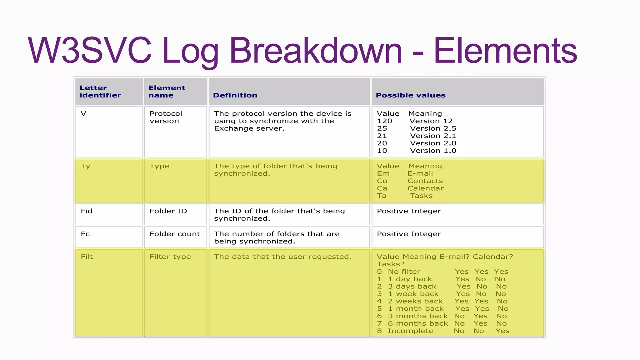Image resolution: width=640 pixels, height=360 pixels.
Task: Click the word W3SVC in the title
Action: point(90,51)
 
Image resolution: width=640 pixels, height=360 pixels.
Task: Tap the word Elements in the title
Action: point(505,51)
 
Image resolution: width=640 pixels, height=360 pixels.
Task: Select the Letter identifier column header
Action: point(100,92)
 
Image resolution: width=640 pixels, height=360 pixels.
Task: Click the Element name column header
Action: point(167,92)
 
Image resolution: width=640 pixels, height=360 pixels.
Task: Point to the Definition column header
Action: point(235,95)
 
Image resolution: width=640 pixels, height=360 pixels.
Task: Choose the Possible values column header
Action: point(410,95)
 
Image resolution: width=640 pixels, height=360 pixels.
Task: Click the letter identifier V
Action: point(83,114)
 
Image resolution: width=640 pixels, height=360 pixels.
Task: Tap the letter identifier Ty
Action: point(85,166)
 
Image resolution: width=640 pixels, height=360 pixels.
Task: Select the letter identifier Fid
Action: point(87,211)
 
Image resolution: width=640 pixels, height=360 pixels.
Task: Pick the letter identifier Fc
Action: point(85,234)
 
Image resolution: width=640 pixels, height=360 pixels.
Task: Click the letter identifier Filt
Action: point(87,257)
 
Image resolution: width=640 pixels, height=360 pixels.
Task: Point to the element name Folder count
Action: point(175,234)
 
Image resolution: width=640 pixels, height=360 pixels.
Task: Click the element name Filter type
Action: point(170,257)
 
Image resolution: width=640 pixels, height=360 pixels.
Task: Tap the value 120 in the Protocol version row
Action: point(384,121)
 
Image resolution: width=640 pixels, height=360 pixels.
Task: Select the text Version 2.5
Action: point(433,128)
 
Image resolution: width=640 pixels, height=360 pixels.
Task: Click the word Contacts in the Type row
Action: point(425,181)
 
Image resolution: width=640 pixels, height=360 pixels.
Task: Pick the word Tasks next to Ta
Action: point(421,196)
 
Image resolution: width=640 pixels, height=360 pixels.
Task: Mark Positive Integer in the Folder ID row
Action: point(409,211)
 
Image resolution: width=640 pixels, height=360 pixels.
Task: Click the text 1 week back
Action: point(413,294)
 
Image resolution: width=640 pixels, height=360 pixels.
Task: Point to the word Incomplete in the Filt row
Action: point(410,331)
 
